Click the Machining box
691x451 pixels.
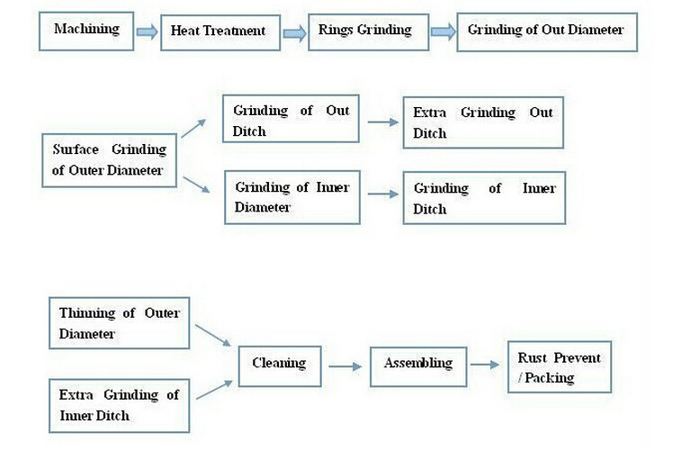[x=86, y=32]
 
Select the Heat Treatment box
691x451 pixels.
[x=220, y=32]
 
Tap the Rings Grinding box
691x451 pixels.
[x=368, y=32]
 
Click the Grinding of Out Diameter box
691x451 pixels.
[x=547, y=32]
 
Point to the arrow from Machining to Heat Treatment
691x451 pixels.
[x=148, y=32]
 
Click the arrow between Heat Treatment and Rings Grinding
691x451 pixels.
[x=294, y=33]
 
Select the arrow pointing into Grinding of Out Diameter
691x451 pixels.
[x=443, y=32]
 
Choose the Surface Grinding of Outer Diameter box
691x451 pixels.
[x=109, y=160]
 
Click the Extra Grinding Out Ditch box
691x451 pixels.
[x=483, y=122]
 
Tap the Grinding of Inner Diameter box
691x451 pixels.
[x=292, y=197]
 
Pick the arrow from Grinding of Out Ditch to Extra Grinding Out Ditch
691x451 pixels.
[x=383, y=122]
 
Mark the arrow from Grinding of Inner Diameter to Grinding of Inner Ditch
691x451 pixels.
[x=383, y=194]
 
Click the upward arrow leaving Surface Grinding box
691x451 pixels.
[x=193, y=128]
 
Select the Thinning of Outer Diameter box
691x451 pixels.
[x=120, y=323]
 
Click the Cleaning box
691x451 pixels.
[x=280, y=366]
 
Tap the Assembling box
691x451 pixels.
[x=418, y=366]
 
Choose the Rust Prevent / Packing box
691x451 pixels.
[x=560, y=366]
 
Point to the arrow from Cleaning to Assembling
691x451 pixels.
[x=345, y=366]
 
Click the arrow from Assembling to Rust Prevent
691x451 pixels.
[x=485, y=365]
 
